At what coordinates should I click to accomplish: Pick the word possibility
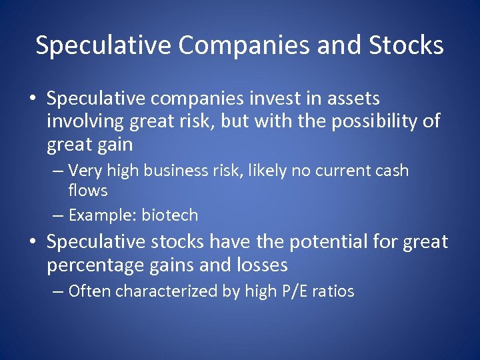374,122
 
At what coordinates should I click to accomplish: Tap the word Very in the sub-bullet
85,171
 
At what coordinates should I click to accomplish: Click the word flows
87,191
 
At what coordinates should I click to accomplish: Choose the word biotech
170,215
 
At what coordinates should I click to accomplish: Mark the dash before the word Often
58,291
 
